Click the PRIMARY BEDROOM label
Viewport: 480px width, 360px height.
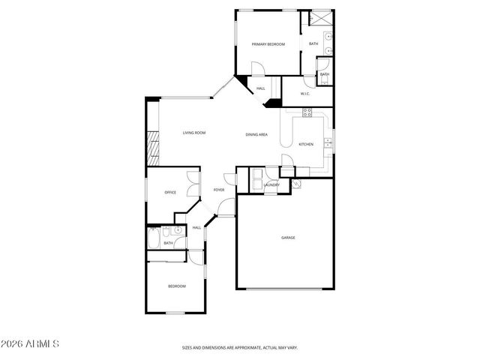click(268, 45)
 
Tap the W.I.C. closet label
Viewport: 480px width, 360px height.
click(306, 94)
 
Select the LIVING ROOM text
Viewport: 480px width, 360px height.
click(194, 133)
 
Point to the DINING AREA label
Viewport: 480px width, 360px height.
click(256, 134)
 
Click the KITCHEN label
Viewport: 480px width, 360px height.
click(306, 144)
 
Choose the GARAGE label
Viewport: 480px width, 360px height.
click(288, 238)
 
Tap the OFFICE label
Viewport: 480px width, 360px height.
click(170, 193)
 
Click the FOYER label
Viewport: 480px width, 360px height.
click(219, 190)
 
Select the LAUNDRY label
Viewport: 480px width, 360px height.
click(271, 185)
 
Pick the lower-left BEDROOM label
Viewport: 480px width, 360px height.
click(176, 286)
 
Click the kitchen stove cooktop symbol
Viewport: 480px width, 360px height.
click(306, 112)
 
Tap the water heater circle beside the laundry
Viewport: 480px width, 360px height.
click(295, 183)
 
